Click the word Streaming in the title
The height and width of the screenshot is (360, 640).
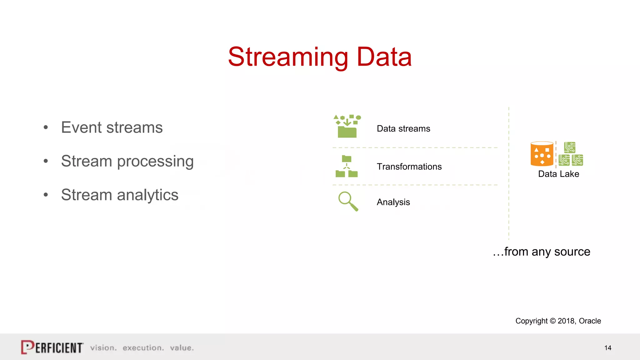(288, 57)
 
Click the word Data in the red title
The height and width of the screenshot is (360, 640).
(384, 57)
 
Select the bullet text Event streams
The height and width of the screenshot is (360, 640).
(112, 127)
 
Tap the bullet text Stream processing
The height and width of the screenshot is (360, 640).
(127, 161)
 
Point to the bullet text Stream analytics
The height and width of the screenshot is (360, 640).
(119, 195)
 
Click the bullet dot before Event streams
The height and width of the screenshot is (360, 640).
(46, 127)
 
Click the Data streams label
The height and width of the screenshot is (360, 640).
(403, 129)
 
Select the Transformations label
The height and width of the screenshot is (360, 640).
(409, 167)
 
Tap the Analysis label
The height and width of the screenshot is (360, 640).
(393, 202)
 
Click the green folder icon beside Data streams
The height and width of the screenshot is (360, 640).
(347, 127)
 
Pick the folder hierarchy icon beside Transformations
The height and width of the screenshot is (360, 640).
(346, 166)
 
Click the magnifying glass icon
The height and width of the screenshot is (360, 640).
(348, 201)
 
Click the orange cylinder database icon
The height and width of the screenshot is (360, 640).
(542, 154)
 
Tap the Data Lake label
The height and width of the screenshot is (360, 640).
(558, 174)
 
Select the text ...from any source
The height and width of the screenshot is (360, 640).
(541, 252)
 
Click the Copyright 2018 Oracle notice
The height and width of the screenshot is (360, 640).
(558, 321)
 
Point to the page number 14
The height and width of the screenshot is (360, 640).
(607, 348)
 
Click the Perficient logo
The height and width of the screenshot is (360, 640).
(52, 347)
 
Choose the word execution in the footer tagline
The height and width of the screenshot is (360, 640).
(143, 348)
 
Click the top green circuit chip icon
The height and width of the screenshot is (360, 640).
(570, 147)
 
